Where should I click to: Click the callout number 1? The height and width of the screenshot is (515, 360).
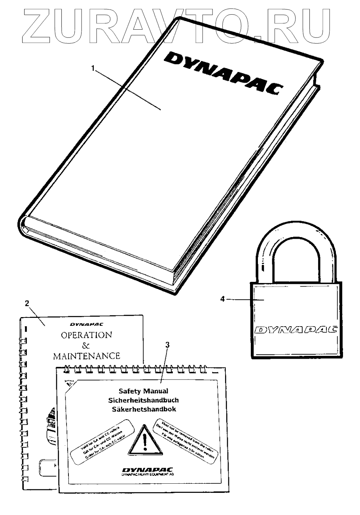click(93, 68)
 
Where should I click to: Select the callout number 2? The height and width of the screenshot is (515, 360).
click(27, 304)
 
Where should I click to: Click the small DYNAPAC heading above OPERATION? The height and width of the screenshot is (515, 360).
click(86, 324)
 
